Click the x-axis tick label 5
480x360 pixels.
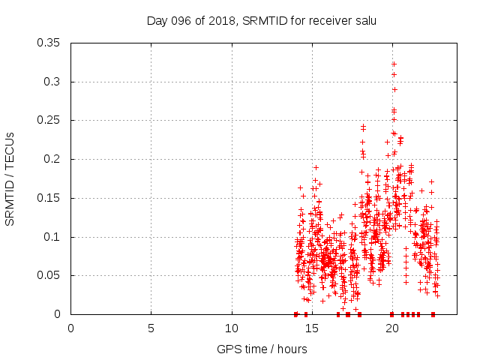pos(151,328)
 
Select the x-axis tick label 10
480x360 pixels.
pos(231,328)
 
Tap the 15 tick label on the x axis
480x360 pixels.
pos(311,328)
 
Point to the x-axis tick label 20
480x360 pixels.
pos(391,328)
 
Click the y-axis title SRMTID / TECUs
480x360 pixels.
pos(10,178)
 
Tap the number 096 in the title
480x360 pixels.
pos(178,20)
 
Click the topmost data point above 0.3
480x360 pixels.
pos(394,64)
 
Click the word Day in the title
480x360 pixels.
pos(156,20)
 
